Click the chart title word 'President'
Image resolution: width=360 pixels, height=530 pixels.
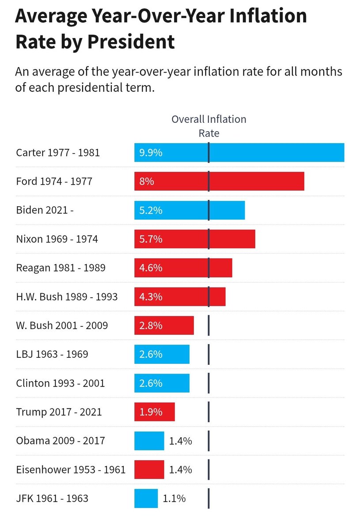coord(131,42)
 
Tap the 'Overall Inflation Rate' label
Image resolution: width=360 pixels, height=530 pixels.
coord(209,126)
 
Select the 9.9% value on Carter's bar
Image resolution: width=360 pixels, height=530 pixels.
coord(151,153)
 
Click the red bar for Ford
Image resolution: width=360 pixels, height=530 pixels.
coord(219,181)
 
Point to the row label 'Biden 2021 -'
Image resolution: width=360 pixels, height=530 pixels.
coord(45,210)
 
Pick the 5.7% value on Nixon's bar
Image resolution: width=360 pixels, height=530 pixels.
coord(151,239)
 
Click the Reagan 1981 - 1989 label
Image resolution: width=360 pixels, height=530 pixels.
coord(61,268)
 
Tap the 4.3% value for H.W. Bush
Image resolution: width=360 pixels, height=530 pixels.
coord(151,297)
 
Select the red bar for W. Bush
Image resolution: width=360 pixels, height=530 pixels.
coord(164,326)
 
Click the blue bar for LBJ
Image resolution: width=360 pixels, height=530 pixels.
coord(162,354)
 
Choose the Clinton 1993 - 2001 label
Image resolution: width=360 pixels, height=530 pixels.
coord(61,383)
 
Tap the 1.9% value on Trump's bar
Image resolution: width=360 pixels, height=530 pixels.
coord(151,412)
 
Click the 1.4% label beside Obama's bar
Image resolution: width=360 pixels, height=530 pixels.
coord(180,441)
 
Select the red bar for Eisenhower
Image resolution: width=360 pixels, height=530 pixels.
coord(149,469)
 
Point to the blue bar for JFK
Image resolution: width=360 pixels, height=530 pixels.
coord(146,498)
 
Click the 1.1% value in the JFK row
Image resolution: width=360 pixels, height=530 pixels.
coord(174,499)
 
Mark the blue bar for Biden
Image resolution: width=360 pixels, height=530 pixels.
coord(189,210)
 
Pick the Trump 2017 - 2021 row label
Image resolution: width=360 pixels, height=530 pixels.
coord(59,412)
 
